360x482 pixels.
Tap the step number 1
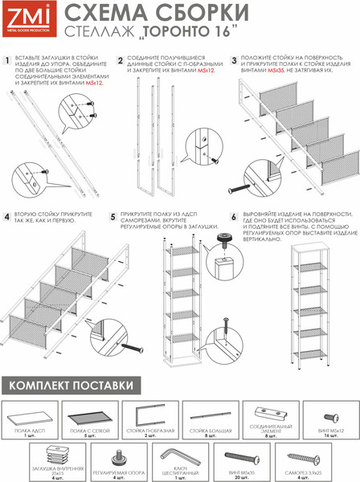point(8,61)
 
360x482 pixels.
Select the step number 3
point(234,60)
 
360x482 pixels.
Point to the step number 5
point(114,216)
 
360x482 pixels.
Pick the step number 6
point(234,216)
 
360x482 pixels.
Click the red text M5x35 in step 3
point(275,71)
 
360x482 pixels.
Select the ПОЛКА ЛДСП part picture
point(31,415)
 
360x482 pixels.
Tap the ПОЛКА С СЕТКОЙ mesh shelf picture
point(90,415)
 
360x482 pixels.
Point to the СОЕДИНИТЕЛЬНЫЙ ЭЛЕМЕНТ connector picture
point(271,413)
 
